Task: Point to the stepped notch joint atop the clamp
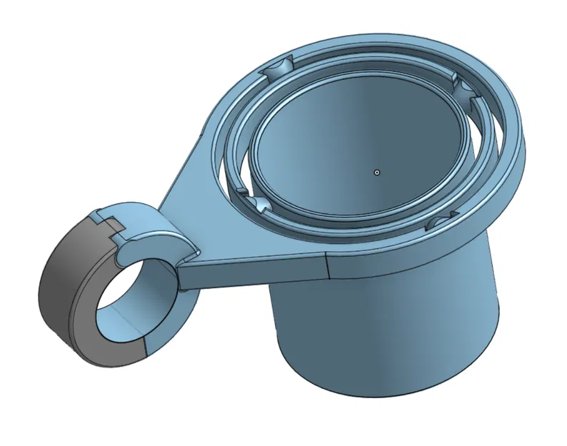[107, 218]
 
